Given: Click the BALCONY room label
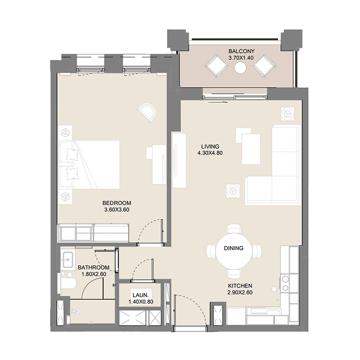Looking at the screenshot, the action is pyautogui.click(x=242, y=51).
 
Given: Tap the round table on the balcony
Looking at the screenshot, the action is pyautogui.click(x=240, y=68).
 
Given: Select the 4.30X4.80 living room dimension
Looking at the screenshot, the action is pyautogui.click(x=210, y=153).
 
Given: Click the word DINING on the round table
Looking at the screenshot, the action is pyautogui.click(x=233, y=248).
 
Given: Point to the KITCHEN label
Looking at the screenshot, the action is pyautogui.click(x=240, y=286).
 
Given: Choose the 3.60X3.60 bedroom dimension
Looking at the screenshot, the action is pyautogui.click(x=117, y=210).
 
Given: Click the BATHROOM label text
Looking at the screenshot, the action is pyautogui.click(x=93, y=268).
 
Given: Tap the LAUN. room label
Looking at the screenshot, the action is pyautogui.click(x=141, y=295).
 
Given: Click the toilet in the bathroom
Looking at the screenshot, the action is pyautogui.click(x=68, y=284).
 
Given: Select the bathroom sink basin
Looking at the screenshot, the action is pyautogui.click(x=68, y=260).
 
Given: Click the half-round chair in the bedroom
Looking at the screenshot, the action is pyautogui.click(x=147, y=113).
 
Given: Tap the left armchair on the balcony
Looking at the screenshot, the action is pyautogui.click(x=216, y=66).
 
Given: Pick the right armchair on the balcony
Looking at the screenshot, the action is pyautogui.click(x=265, y=66).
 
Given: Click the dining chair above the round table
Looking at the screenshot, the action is pyautogui.click(x=234, y=229).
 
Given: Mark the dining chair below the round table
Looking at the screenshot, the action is pyautogui.click(x=234, y=274).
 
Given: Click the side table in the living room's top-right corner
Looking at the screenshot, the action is pyautogui.click(x=287, y=114).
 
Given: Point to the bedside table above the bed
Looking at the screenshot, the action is pyautogui.click(x=66, y=132).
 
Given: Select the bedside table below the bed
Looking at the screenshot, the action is pyautogui.click(x=66, y=196).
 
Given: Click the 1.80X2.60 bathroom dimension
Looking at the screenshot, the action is pyautogui.click(x=94, y=274).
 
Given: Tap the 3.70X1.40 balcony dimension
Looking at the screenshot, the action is pyautogui.click(x=241, y=57).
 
